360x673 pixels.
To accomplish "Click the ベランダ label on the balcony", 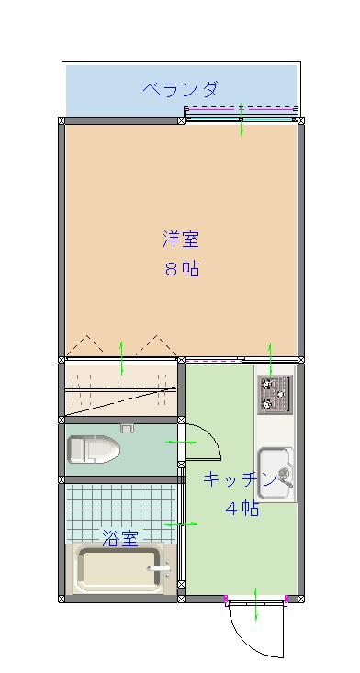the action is coord(180,89).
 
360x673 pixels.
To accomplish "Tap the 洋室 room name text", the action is coord(181,239).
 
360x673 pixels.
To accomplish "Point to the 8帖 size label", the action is coord(181,269).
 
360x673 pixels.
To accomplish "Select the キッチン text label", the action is coord(239,478).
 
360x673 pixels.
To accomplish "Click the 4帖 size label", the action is coord(242,508).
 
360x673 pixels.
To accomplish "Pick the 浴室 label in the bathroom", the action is coord(120,538).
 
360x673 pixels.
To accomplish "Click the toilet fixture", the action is coord(93,449).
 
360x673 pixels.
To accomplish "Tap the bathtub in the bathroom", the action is coord(120,569).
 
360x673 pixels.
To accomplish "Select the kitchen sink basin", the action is coord(276,474).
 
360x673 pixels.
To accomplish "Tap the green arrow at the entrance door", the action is coord(255,604).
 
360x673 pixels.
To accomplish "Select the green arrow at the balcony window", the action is coord(242,119).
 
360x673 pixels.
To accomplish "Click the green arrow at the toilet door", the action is coord(181,442).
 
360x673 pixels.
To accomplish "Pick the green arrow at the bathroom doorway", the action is coord(181,524).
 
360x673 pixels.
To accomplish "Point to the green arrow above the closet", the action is coord(122,358).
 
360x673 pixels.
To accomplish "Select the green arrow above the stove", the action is coord(270,360).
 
